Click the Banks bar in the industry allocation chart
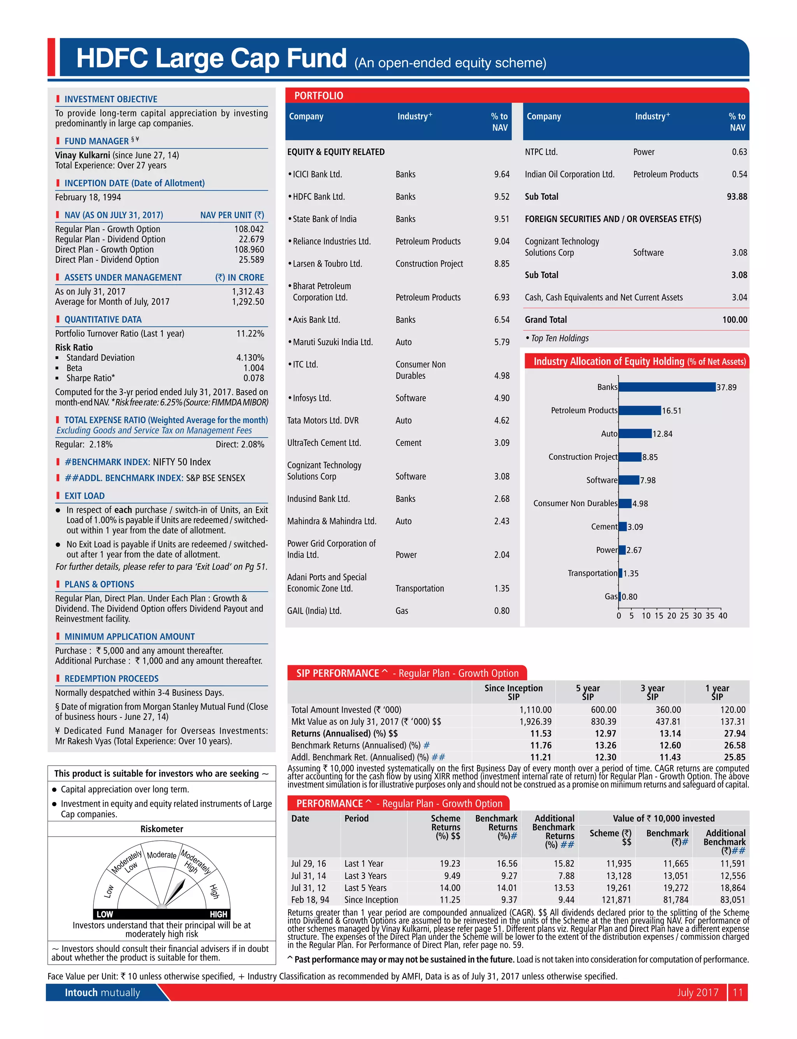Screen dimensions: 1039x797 [x=667, y=387]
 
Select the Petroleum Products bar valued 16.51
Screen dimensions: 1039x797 [x=639, y=410]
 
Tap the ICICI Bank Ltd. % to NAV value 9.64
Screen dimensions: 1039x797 [x=502, y=174]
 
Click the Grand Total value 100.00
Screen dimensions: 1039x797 [x=734, y=320]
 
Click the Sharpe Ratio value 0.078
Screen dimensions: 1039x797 [x=254, y=378]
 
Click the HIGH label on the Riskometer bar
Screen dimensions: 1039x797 [x=218, y=914]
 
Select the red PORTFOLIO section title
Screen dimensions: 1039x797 [x=318, y=96]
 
